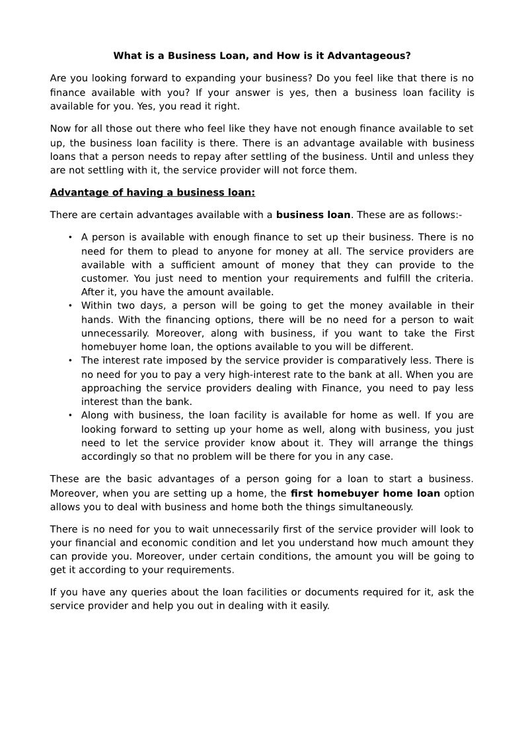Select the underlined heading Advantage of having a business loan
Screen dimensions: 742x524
point(152,192)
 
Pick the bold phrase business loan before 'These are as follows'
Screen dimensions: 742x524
point(313,215)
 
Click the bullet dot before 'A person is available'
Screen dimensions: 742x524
point(70,237)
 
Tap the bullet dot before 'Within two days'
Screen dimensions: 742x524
point(70,306)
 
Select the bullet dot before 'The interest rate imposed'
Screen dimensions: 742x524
point(70,361)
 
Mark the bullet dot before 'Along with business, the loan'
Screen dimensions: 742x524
point(70,416)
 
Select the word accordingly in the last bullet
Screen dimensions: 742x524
point(110,457)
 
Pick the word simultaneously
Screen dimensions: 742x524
point(377,507)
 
